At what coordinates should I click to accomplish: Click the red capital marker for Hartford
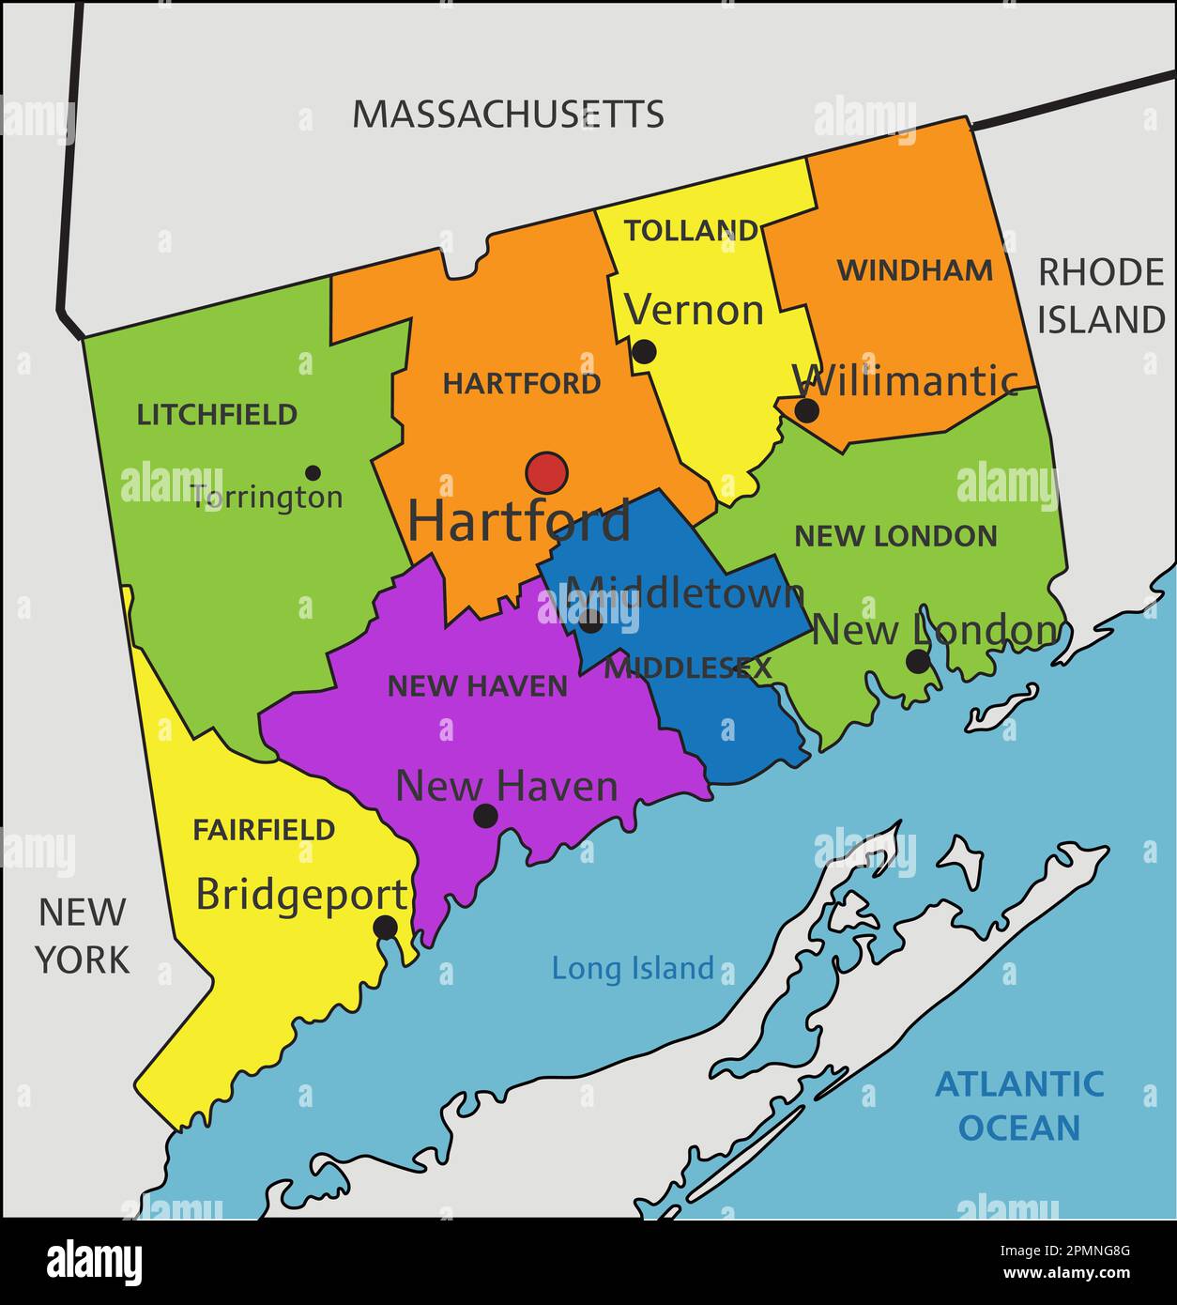click(x=546, y=473)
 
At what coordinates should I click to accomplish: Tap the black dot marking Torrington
click(x=313, y=473)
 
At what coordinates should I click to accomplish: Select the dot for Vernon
click(x=644, y=352)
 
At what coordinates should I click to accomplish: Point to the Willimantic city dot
click(x=806, y=410)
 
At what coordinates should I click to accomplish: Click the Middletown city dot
click(x=590, y=621)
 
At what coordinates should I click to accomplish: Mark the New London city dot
click(x=918, y=662)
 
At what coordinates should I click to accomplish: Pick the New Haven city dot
click(x=484, y=816)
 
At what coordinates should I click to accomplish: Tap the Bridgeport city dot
click(x=386, y=928)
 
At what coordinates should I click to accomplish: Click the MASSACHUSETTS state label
click(x=508, y=115)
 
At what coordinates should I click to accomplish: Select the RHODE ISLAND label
click(x=1100, y=296)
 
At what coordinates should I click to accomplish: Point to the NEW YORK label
click(x=82, y=935)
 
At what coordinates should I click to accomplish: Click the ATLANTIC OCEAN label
click(x=1019, y=1105)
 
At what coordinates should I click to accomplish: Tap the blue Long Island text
click(x=633, y=968)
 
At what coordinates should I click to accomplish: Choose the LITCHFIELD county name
click(x=217, y=415)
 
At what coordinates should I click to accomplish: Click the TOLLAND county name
click(x=691, y=231)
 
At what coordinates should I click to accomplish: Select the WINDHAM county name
click(x=914, y=270)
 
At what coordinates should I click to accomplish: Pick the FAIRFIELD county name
click(x=264, y=830)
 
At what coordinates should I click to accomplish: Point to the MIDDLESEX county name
click(x=687, y=668)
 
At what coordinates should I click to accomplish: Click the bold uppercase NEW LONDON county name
click(x=895, y=536)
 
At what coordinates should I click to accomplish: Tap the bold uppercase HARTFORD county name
click(x=522, y=384)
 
